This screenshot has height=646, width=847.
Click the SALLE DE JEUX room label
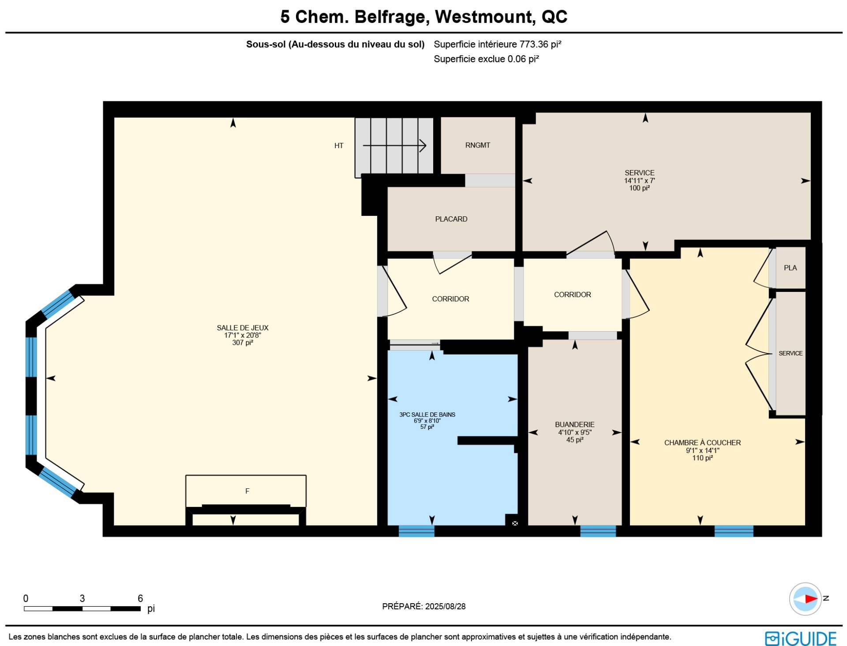pyautogui.click(x=243, y=328)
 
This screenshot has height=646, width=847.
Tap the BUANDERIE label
pyautogui.click(x=575, y=424)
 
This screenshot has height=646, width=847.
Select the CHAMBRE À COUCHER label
pyautogui.click(x=702, y=442)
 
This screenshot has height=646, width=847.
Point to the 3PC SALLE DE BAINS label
pyautogui.click(x=427, y=415)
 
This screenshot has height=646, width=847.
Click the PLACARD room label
pyautogui.click(x=451, y=219)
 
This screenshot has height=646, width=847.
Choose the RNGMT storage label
pyautogui.click(x=478, y=145)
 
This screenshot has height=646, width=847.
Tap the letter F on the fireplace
pyautogui.click(x=247, y=491)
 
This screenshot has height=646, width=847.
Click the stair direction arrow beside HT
pyautogui.click(x=394, y=145)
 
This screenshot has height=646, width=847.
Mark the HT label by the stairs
pyautogui.click(x=339, y=146)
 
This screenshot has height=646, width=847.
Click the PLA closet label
pyautogui.click(x=790, y=268)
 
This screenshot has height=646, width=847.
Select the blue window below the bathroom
pyautogui.click(x=416, y=531)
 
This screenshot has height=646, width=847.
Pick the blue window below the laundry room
pyautogui.click(x=598, y=531)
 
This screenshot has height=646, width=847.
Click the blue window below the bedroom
pyautogui.click(x=734, y=531)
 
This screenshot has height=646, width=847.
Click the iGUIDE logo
pyautogui.click(x=801, y=638)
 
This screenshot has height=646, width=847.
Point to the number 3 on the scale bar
pyautogui.click(x=82, y=598)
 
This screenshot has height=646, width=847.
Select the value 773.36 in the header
pyautogui.click(x=534, y=44)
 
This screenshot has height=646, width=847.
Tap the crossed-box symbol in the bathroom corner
pyautogui.click(x=514, y=523)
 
